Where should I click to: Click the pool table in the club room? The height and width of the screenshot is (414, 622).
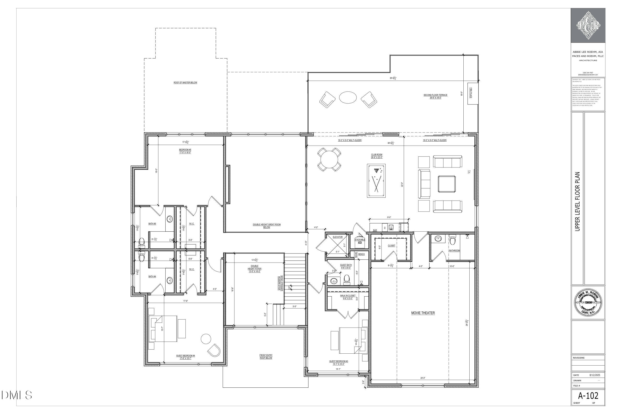click(376, 181)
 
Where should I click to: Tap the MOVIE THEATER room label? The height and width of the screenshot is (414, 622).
click(423, 313)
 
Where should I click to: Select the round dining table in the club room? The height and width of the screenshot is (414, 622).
click(329, 160)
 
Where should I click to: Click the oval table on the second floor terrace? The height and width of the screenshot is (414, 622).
click(348, 98)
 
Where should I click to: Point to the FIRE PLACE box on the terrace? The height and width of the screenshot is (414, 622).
click(471, 93)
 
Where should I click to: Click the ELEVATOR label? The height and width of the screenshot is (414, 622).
click(337, 237)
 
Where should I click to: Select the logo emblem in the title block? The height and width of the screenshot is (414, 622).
click(588, 25)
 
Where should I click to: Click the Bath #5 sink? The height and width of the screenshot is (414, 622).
click(169, 219)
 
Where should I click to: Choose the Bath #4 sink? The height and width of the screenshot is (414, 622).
click(169, 280)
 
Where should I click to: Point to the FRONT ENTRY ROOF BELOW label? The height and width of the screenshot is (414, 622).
click(266, 357)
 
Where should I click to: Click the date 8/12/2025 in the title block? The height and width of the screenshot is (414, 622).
click(595, 375)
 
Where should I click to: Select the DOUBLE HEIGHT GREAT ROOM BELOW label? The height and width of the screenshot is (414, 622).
click(267, 226)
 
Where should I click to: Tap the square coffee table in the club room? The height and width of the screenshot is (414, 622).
click(447, 184)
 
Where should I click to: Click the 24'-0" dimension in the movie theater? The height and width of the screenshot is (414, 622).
click(423, 378)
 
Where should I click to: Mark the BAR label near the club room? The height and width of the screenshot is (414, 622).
click(375, 230)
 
